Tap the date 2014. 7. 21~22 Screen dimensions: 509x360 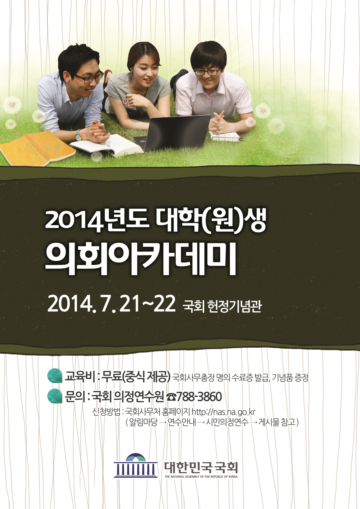coord(111,304)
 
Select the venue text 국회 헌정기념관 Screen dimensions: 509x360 coord(222,306)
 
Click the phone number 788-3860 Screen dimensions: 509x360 coord(199,397)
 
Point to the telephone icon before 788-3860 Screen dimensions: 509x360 coord(171,397)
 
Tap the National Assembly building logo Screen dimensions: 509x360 coord(136,466)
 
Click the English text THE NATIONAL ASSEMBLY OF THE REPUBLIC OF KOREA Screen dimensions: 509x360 coord(201,476)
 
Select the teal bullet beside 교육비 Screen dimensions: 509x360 coord(55,376)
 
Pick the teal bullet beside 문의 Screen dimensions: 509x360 coord(55,396)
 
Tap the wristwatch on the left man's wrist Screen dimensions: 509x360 coord(78,135)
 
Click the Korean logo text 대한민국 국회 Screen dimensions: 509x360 coord(201,467)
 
